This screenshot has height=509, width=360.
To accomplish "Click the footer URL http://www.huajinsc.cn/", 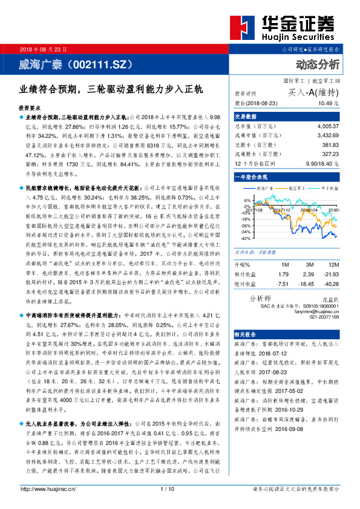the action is tap(48, 505).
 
